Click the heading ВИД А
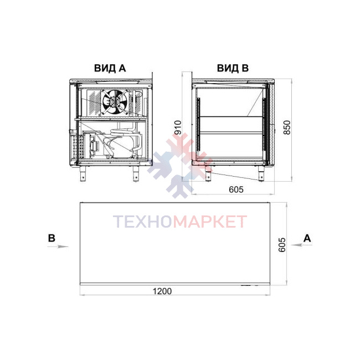(x=110, y=68)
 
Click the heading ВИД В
(x=233, y=68)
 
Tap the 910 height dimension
(x=178, y=127)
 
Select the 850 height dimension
(x=287, y=127)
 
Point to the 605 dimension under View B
(x=236, y=189)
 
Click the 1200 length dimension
(x=162, y=291)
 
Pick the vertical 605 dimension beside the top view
(x=282, y=245)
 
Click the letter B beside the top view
(x=52, y=238)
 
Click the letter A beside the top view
(x=307, y=239)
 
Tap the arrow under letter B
(x=58, y=246)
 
